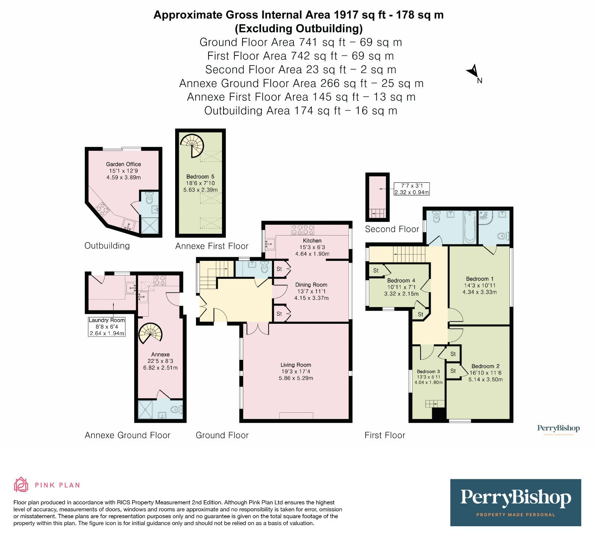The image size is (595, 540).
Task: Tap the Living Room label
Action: click(x=296, y=365)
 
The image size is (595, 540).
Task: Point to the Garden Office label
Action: click(x=123, y=164)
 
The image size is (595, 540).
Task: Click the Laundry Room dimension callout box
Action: click(x=107, y=327)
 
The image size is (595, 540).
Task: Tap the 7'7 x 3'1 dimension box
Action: click(x=412, y=189)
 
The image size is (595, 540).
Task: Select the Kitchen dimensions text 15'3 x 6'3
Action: click(x=312, y=247)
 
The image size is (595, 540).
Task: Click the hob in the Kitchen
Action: click(x=303, y=230)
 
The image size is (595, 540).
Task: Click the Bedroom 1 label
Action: click(x=480, y=279)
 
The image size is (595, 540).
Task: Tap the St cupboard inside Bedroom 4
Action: click(x=376, y=270)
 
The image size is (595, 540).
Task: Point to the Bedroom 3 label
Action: click(x=428, y=371)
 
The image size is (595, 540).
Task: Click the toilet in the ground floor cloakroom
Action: click(x=264, y=268)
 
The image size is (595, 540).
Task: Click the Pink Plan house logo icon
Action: click(x=21, y=485)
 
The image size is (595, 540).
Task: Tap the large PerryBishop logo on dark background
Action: click(x=515, y=502)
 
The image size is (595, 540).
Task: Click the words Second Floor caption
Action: click(x=392, y=229)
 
